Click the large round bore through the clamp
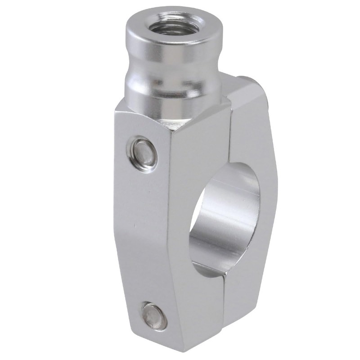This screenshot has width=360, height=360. point(225,216)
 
